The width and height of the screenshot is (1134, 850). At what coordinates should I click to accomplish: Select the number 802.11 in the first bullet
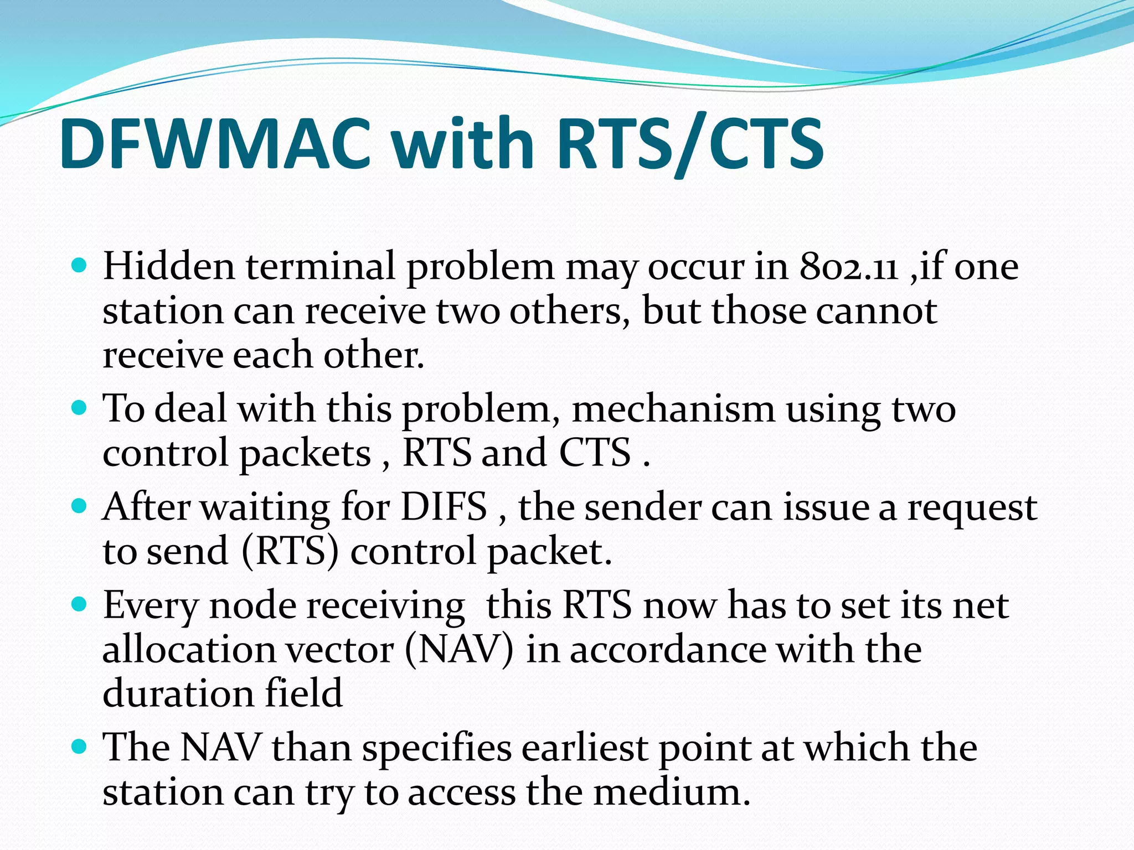coord(849,267)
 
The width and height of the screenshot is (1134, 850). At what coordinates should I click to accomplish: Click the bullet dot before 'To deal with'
coord(80,408)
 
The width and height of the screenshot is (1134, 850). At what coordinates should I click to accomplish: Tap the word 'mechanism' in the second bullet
coord(673,410)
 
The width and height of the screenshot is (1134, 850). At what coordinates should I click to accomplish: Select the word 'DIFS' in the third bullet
coord(444,506)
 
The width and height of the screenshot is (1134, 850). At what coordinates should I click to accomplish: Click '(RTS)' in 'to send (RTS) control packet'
coord(290,551)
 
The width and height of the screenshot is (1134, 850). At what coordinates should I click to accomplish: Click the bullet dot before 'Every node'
coord(80,604)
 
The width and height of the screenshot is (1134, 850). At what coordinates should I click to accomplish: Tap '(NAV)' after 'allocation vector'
coord(459,650)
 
